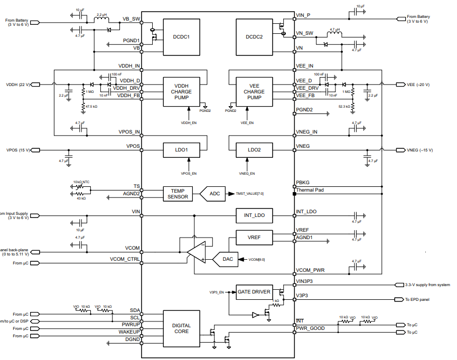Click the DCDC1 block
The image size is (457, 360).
click(181, 37)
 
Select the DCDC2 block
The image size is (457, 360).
click(254, 37)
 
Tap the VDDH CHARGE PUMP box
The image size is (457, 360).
click(181, 91)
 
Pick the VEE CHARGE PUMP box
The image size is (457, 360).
click(254, 91)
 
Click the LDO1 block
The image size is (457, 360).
click(181, 150)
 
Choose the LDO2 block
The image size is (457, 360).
click(254, 150)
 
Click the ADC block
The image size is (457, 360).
click(214, 194)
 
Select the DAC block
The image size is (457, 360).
click(227, 259)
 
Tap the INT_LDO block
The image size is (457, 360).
click(254, 215)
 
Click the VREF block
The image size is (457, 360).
click(254, 238)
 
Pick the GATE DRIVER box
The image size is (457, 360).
click(254, 292)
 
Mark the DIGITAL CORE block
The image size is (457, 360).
click(181, 329)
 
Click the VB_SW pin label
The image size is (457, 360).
click(131, 19)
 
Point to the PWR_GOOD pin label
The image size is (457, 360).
click(310, 328)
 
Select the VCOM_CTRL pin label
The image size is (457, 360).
click(125, 259)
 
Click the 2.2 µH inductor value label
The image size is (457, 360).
click(101, 14)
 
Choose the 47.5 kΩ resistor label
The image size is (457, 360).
click(91, 106)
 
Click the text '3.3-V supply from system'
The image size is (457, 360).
click(427, 285)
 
